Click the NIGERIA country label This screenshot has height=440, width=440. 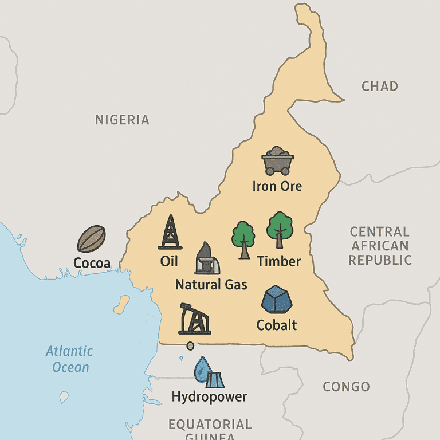click(x=122, y=120)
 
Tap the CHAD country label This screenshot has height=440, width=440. click(x=379, y=87)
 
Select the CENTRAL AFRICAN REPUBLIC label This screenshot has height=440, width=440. click(x=380, y=246)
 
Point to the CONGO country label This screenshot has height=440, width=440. click(x=346, y=387)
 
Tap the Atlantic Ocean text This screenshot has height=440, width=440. click(x=69, y=359)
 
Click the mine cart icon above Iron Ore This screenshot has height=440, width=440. click(x=278, y=160)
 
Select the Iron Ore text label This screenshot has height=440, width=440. click(x=277, y=186)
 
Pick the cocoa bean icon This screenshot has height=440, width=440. click(x=91, y=238)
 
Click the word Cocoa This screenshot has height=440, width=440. click(x=92, y=263)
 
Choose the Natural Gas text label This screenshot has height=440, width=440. click(x=211, y=284)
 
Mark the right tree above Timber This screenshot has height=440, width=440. click(x=280, y=229)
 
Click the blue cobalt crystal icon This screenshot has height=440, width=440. click(x=277, y=300)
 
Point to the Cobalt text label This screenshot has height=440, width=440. click(x=277, y=325)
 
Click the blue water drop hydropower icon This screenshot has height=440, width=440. click(x=203, y=370)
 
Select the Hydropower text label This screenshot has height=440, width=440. click(x=209, y=396)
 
